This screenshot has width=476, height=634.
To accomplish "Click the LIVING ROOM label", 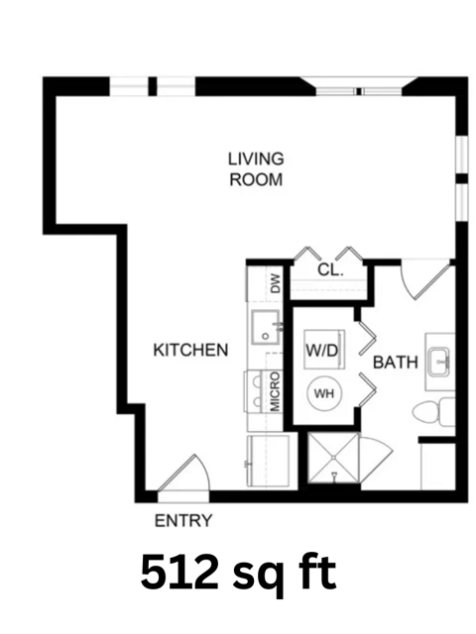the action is point(256,169).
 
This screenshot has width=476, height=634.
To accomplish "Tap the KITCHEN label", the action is point(190,350).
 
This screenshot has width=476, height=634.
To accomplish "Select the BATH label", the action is point(395,363).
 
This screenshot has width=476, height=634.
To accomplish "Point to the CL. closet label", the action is point(330,269).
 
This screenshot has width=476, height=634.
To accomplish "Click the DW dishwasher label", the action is point(276,283).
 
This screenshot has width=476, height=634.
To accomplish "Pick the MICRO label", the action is point(275,391).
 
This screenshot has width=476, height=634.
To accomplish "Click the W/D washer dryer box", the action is point(324,350).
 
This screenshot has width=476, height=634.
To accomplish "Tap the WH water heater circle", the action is point(324,393).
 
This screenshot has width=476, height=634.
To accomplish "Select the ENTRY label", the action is point(183,521).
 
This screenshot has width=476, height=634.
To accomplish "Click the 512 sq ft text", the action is point(238,574).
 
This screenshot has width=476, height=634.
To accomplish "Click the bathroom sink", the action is point(439,362).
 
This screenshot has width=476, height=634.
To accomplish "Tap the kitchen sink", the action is point(266,327).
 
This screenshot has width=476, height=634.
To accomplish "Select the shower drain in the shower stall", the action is point(333,458).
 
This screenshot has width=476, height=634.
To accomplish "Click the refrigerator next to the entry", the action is point(269,461).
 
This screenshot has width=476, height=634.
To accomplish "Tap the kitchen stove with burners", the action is point(257,391).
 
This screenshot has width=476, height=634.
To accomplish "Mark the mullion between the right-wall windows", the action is point(462,178).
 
